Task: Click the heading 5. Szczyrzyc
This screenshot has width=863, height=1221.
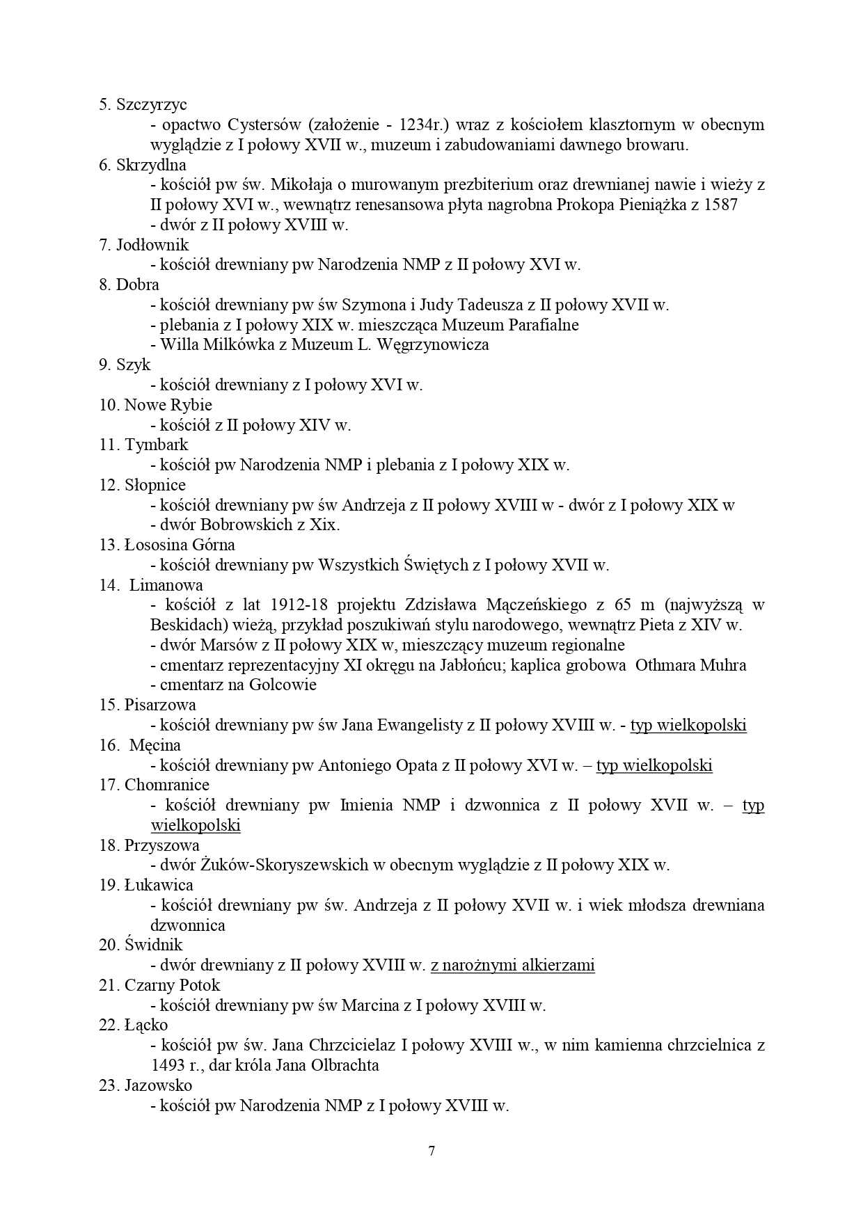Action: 143,105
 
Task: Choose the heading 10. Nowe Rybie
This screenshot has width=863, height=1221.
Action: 155,405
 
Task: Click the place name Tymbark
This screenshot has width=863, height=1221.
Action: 157,445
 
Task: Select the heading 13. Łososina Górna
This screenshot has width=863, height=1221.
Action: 167,545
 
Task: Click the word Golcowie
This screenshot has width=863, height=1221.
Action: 283,685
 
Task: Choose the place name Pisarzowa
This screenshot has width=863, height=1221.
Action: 160,705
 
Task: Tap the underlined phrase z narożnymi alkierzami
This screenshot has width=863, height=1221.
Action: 513,966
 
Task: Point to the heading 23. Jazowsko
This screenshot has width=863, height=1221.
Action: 145,1085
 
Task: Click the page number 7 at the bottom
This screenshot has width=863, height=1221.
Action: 431,1151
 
